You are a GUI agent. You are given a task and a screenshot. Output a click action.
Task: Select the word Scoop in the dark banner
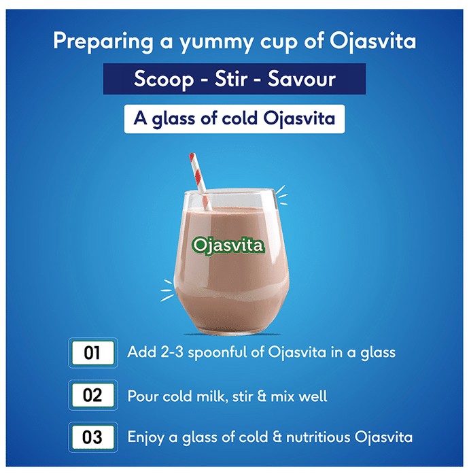click(164, 79)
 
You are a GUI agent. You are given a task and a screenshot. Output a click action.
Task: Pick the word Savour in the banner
click(302, 79)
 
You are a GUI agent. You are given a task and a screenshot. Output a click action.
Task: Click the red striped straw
click(201, 182)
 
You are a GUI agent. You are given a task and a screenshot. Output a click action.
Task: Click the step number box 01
click(93, 353)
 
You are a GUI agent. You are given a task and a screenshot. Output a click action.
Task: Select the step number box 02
click(93, 395)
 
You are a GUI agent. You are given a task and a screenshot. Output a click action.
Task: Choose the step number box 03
click(93, 437)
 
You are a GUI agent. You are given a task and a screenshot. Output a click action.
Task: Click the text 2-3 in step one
click(172, 352)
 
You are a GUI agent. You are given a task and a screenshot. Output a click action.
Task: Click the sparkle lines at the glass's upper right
click(281, 195)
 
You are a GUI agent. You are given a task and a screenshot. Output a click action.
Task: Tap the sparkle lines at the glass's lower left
click(167, 290)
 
